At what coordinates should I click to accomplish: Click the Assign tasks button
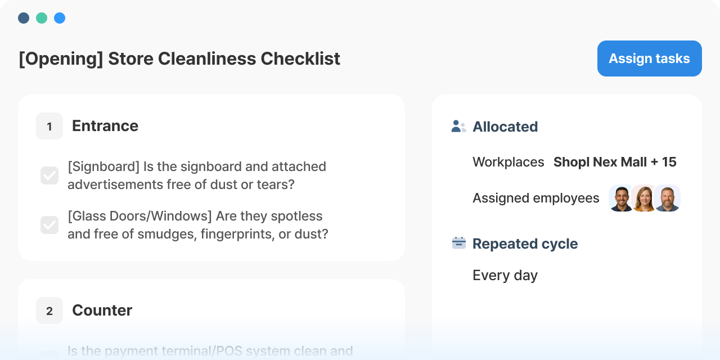649,58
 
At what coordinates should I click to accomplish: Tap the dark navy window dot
24,18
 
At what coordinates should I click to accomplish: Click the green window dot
42,18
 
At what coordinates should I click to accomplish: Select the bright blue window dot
60,18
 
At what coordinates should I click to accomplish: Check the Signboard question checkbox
49,175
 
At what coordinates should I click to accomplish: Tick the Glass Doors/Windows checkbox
49,224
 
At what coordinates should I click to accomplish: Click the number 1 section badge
49,126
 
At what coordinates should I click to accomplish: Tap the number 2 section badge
49,310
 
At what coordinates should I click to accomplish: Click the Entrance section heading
105,125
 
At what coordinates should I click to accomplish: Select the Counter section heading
102,310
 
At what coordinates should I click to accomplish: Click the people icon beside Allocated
458,127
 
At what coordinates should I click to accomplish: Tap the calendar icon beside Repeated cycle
458,243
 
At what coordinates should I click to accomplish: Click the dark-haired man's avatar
622,198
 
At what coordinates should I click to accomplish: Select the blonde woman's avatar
644,198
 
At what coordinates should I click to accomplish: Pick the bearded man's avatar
667,198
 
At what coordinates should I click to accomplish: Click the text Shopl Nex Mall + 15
615,162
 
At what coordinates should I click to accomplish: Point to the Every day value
505,276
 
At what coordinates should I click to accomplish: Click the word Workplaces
508,162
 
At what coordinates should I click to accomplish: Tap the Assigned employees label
536,198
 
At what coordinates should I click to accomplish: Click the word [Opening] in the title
61,59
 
